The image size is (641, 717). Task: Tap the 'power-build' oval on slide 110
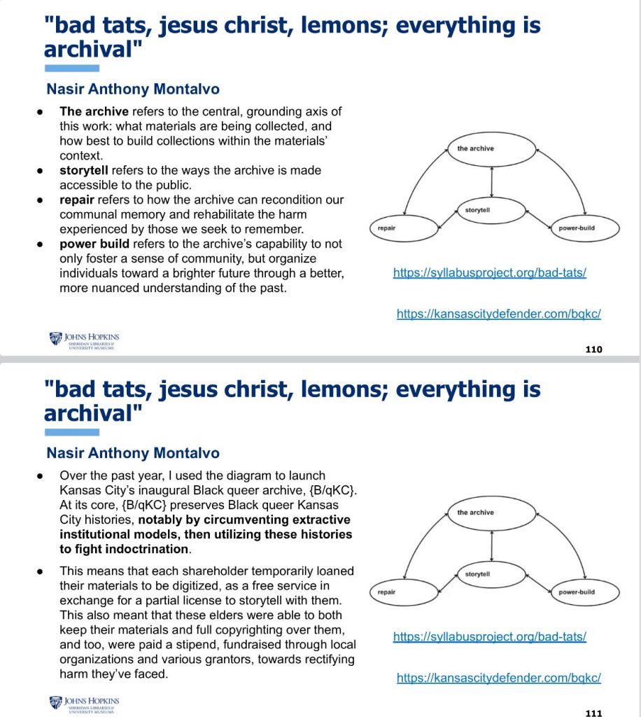tap(576, 229)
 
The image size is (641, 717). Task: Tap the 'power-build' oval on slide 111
tap(576, 592)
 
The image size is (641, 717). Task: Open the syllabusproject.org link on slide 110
tap(489, 272)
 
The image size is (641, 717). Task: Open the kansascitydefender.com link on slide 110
tap(498, 314)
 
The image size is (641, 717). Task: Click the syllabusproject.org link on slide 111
tap(489, 636)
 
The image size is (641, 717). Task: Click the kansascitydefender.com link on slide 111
tap(498, 678)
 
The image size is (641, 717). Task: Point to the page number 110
tap(593, 349)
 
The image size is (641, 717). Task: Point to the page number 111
tap(593, 713)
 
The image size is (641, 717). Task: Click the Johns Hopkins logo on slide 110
tap(85, 339)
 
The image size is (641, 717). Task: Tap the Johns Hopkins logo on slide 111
tap(85, 702)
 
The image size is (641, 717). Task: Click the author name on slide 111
tap(133, 453)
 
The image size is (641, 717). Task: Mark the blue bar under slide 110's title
tap(71, 68)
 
